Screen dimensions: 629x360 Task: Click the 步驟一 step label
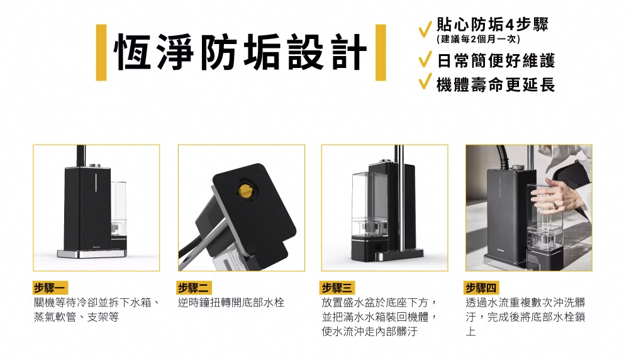point(50,288)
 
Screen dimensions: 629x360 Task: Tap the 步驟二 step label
point(194,288)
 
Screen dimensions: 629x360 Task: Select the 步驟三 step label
point(337,288)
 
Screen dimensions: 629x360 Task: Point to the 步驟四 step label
point(481,288)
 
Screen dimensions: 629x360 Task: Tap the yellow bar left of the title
point(101,52)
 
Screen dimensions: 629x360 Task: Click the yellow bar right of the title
point(381,52)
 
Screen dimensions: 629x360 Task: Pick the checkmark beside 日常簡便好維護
point(425,59)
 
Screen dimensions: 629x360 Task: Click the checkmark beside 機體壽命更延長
point(425,81)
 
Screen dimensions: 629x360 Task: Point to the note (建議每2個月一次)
point(478,39)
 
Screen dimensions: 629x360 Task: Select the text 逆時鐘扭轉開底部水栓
point(231,302)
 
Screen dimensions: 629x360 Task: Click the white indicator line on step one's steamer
point(96,183)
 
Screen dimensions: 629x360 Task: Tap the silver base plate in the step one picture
point(91,254)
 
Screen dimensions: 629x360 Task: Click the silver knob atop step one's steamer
point(95,165)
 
